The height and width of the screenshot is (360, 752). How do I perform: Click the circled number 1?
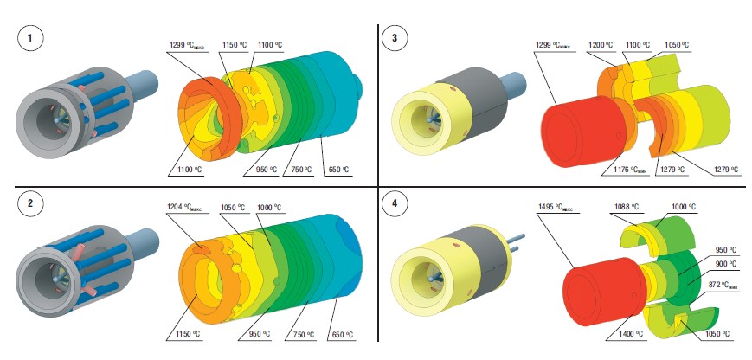(30, 39)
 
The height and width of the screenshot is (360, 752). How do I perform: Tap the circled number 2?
(30, 205)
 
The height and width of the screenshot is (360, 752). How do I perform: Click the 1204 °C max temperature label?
(183, 208)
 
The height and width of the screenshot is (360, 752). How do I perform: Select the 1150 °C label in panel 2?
(184, 333)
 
